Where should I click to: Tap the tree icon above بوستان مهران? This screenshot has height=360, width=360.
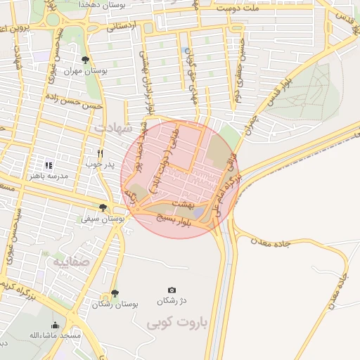86,60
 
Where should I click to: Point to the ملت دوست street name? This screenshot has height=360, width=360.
239,8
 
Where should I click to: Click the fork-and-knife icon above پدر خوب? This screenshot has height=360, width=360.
101,153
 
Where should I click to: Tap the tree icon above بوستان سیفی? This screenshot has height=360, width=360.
104,207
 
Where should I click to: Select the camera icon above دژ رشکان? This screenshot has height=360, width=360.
172,290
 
